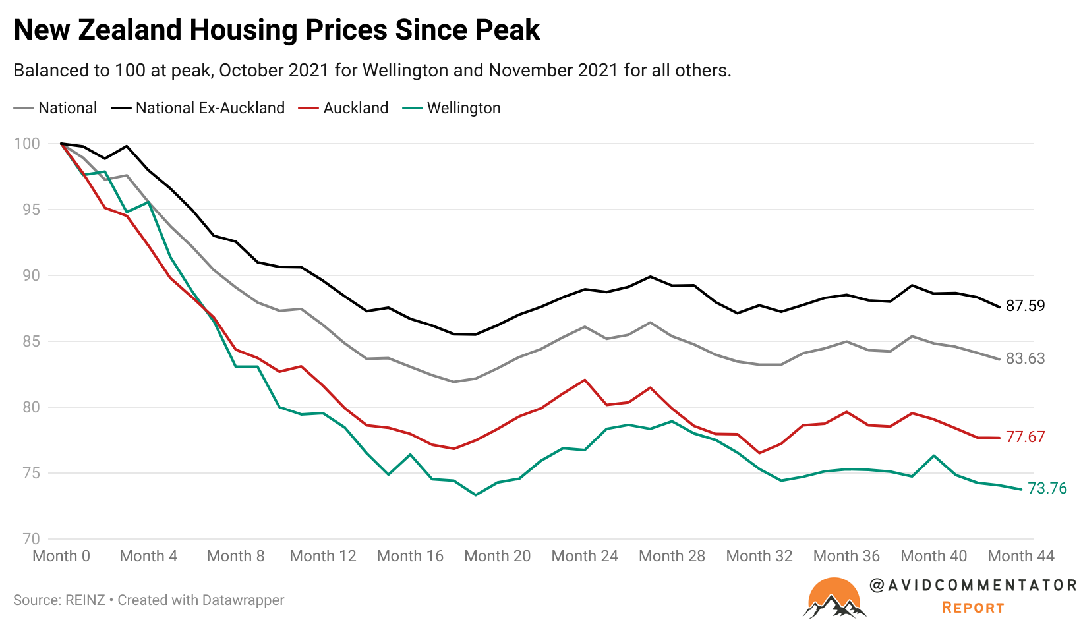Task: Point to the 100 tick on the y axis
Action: (27, 144)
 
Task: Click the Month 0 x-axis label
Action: (61, 556)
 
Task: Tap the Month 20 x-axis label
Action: (497, 556)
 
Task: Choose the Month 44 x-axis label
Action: (1020, 556)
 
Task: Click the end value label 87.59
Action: (1025, 306)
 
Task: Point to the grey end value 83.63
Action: (1025, 358)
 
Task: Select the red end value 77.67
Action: (1025, 437)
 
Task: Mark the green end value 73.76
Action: (1047, 488)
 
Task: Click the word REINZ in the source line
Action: (85, 600)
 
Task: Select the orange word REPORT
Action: (973, 608)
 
